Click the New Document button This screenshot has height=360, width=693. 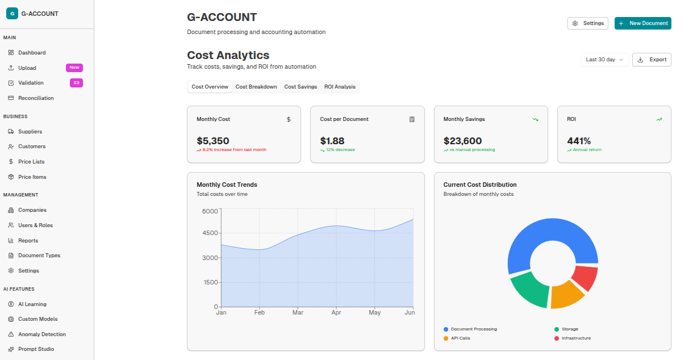(x=642, y=23)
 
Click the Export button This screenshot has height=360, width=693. (x=652, y=60)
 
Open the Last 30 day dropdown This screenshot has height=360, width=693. (x=604, y=60)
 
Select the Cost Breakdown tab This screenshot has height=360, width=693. (x=256, y=87)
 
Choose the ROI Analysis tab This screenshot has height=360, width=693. (x=340, y=87)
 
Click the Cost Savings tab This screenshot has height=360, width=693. (x=300, y=87)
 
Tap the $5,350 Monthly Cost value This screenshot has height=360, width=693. (x=213, y=141)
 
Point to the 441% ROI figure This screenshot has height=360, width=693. (x=579, y=141)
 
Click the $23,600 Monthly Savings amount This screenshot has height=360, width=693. (x=462, y=141)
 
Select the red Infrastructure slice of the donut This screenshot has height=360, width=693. (x=586, y=278)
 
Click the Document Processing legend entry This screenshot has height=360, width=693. (x=473, y=329)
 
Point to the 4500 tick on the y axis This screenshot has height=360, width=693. (x=210, y=233)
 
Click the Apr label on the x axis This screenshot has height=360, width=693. (x=336, y=313)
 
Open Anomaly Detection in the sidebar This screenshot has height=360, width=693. (x=41, y=334)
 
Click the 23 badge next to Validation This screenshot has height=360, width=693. (x=76, y=83)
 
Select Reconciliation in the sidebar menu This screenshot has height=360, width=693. (x=36, y=98)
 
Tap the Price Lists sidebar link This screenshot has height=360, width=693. (x=31, y=162)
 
